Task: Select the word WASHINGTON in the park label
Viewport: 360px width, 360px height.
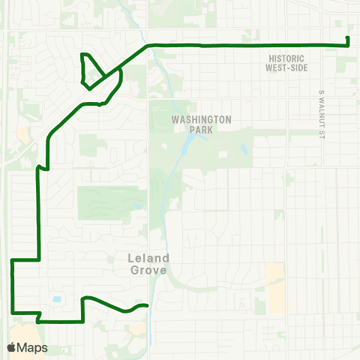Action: tap(201, 119)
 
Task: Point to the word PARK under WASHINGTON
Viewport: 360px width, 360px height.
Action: tap(201, 130)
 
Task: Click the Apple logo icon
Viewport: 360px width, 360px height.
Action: tap(12, 347)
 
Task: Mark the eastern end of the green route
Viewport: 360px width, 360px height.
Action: tap(348, 39)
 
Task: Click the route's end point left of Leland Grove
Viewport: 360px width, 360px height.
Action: tap(148, 305)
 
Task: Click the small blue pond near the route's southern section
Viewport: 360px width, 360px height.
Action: tap(57, 300)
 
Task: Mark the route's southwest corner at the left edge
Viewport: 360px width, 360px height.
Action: tap(13, 313)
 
